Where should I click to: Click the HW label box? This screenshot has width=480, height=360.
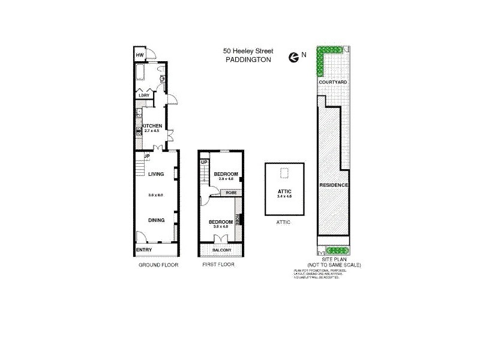(140, 55)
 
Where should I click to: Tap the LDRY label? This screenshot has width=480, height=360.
(143, 95)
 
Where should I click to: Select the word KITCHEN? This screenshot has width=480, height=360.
(152, 125)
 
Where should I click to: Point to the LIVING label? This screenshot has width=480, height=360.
(156, 174)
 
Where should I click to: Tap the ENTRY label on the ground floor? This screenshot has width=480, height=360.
(144, 250)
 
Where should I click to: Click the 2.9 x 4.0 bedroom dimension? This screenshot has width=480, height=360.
(226, 179)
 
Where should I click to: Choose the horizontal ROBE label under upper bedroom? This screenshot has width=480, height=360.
(230, 193)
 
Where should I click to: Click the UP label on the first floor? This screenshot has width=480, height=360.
(205, 162)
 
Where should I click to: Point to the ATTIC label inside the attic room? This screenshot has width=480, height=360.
(284, 190)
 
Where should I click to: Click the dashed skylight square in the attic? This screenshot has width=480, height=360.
(284, 174)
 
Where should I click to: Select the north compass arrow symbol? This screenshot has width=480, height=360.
(293, 57)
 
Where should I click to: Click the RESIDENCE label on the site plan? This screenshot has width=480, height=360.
(334, 185)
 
